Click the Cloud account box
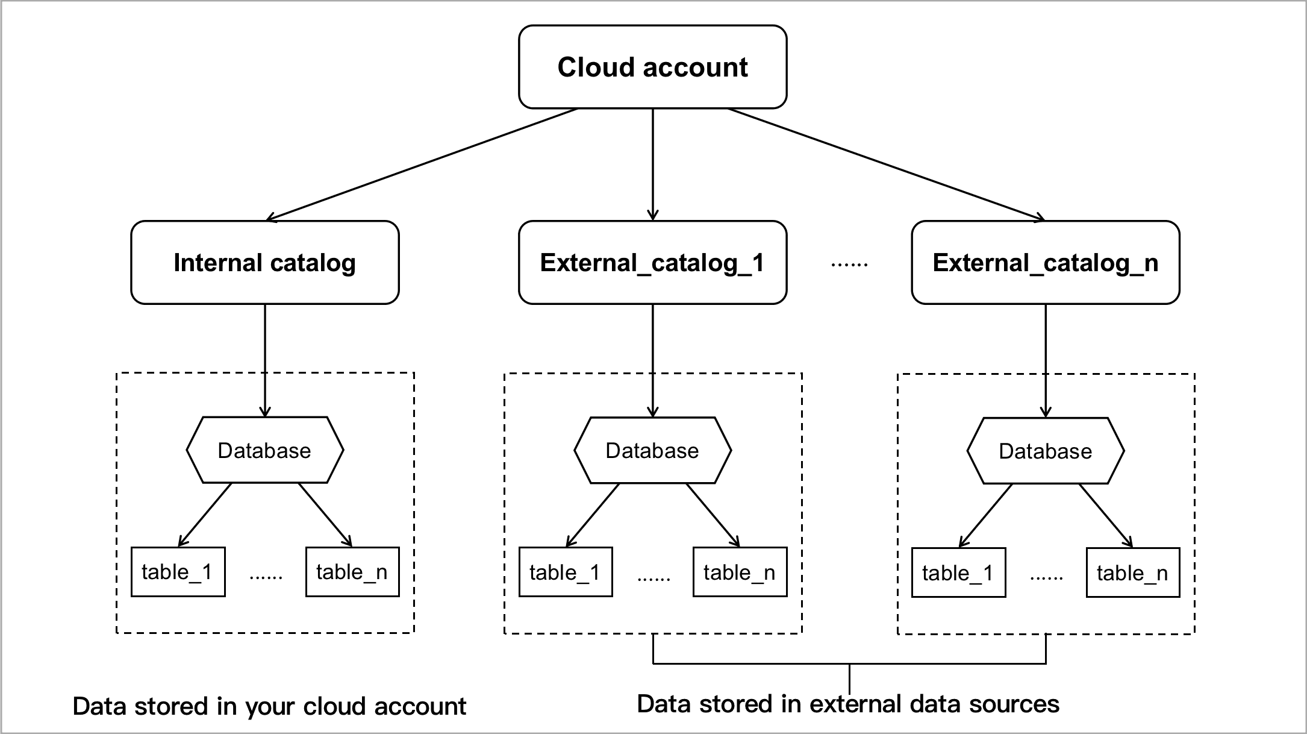point(652,67)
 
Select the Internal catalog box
point(264,263)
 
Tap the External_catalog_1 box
point(652,263)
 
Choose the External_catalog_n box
point(1045,263)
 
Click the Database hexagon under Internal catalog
point(264,450)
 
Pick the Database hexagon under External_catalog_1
point(652,450)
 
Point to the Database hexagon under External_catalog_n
point(1045,451)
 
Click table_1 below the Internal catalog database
point(178,572)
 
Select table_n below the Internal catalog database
point(352,572)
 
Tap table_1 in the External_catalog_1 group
point(566,572)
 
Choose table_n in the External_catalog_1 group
point(740,572)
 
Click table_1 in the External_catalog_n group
point(958,572)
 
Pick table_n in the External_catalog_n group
point(1132,572)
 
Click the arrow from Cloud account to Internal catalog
point(422,164)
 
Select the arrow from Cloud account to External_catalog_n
point(885,164)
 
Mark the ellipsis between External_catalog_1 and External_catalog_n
point(849,264)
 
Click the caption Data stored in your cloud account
point(269,706)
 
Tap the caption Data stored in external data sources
point(848,704)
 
